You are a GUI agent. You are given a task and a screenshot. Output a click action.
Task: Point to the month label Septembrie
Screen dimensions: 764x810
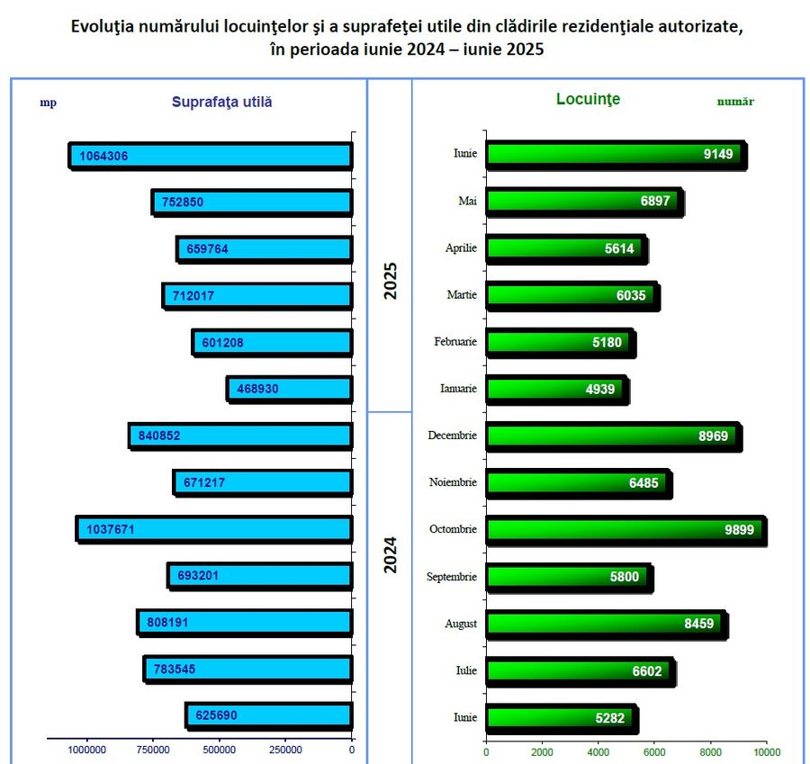coord(452,577)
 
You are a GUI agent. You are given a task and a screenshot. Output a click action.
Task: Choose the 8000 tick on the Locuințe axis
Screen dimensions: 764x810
coord(711,751)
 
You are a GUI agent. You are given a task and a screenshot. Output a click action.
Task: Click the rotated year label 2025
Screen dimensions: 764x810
coord(391,281)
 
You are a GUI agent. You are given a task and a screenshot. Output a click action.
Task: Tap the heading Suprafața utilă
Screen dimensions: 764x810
coord(221,102)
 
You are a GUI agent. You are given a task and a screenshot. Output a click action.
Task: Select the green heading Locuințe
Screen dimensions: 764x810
coord(589,99)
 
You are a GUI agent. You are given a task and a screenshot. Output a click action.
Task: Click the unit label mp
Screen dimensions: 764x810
coord(48,102)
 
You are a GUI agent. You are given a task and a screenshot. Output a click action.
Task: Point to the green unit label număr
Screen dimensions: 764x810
coord(735,102)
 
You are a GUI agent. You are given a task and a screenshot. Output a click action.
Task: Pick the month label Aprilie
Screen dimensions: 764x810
coord(461,248)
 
